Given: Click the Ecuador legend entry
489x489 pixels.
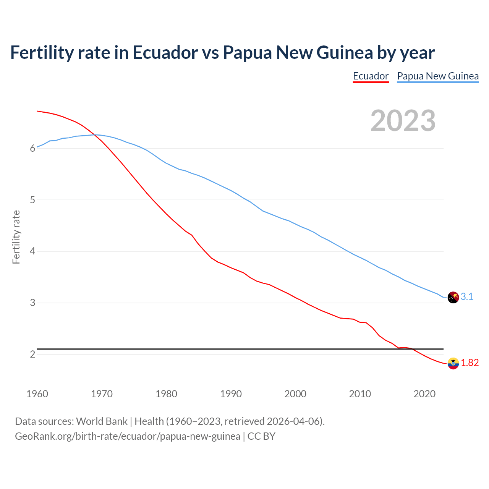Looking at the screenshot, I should point(371,76).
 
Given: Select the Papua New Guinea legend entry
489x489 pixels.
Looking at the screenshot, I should point(438,76).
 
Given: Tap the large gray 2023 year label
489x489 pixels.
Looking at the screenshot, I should point(403,121).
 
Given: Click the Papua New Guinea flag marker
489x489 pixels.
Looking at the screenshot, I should point(453,297).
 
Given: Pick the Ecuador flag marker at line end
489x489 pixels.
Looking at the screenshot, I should point(453,363).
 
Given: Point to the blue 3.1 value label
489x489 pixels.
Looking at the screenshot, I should point(467,296).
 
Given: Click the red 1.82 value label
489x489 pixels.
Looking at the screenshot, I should point(470,363).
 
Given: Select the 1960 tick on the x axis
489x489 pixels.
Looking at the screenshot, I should point(37,394).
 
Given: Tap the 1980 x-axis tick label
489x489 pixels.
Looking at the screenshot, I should point(166,394).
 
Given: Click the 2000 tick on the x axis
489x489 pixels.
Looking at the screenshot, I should point(295,394).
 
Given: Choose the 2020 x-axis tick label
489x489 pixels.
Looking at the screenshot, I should point(424,394).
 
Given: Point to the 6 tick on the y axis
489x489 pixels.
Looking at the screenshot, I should point(32,149).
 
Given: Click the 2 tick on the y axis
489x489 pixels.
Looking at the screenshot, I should point(32,355).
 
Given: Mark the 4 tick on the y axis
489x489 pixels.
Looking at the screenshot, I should point(32,251).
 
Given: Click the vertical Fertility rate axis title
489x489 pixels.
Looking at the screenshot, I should point(16,237).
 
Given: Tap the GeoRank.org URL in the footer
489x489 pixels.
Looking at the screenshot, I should point(128,436).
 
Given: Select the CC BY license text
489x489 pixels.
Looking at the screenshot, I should point(261,436).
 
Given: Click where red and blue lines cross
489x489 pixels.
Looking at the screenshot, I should point(94,134).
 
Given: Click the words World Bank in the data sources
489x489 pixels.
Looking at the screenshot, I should point(102,421).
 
